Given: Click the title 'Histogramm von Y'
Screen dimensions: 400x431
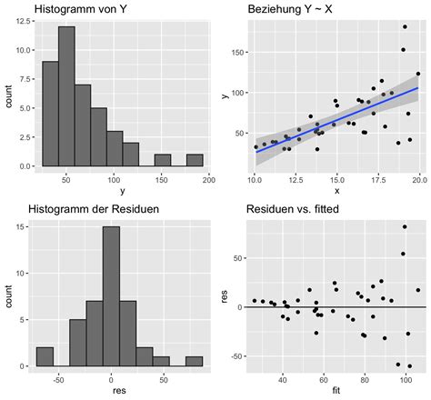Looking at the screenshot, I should coord(80,10).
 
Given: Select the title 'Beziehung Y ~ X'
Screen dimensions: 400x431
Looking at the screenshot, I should coord(293,10).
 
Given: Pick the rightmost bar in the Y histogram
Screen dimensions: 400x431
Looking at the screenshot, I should coord(195,160).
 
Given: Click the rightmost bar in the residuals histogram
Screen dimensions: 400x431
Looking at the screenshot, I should coord(195,361).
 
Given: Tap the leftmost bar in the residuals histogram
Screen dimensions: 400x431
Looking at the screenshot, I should coord(45,356).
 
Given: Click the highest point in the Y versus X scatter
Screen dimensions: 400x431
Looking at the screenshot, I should coord(405,27).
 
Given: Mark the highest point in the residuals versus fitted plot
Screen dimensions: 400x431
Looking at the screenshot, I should coord(405,226).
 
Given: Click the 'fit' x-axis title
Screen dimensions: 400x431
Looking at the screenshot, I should coord(336,392).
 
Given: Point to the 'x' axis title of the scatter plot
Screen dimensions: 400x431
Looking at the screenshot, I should coord(336,191).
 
